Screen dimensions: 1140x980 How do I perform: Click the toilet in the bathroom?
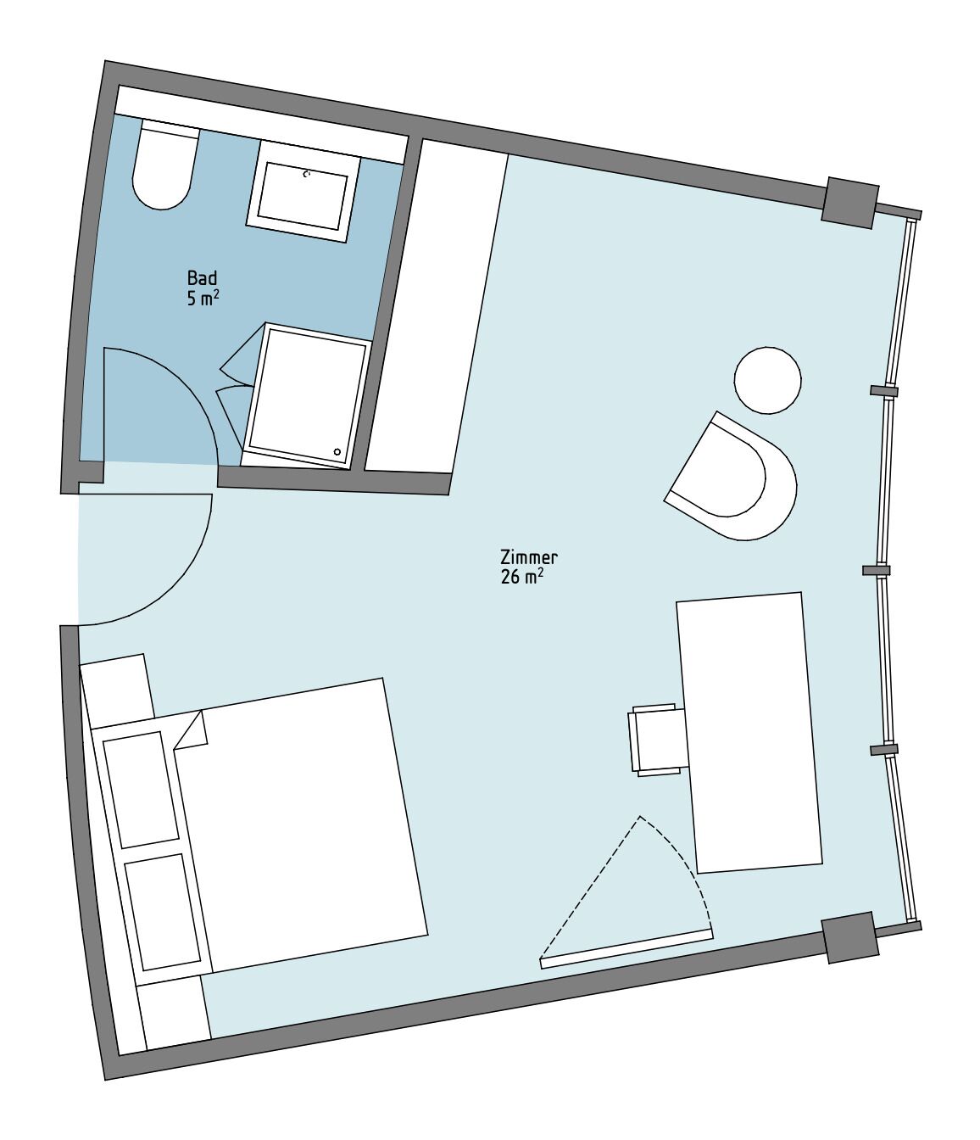pos(164,170)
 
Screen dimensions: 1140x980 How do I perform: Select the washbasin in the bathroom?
pos(302,194)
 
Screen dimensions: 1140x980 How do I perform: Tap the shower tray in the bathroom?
pos(308,395)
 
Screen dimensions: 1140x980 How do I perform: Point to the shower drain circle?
pos(339,453)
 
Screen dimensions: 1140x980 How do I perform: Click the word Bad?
pos(202,278)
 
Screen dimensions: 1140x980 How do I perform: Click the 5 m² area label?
pos(203,298)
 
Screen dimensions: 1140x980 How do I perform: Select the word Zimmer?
pos(528,557)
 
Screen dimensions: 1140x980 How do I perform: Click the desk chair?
pos(658,739)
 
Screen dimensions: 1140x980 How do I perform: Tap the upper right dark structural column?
pos(849,202)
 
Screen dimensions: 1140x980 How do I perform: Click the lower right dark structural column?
pos(850,937)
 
